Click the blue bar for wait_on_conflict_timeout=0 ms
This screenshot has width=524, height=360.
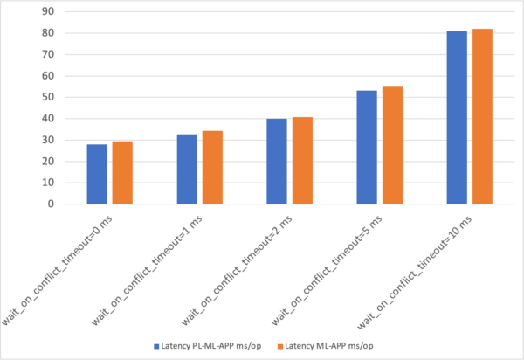tap(96, 175)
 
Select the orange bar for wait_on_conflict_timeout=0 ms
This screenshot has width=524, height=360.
tap(121, 173)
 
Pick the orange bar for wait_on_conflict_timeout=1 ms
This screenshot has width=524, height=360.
tap(212, 168)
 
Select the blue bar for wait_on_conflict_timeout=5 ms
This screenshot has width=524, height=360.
tap(367, 148)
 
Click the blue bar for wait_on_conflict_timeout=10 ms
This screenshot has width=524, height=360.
tap(457, 118)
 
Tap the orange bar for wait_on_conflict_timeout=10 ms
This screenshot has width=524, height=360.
tap(482, 117)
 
